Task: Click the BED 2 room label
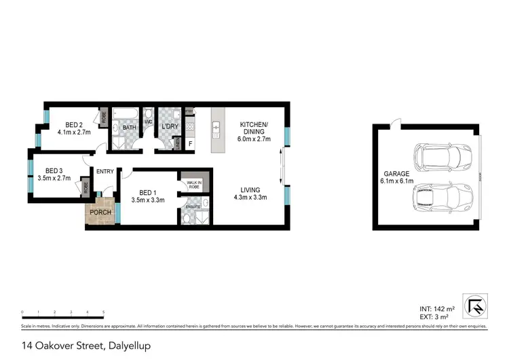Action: click(x=70, y=124)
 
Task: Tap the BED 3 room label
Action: click(x=54, y=170)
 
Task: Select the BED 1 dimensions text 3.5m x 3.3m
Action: click(x=147, y=200)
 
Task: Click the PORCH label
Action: click(x=100, y=212)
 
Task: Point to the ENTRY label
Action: click(x=105, y=172)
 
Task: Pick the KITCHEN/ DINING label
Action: click(x=254, y=128)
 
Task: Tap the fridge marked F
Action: click(x=190, y=143)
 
